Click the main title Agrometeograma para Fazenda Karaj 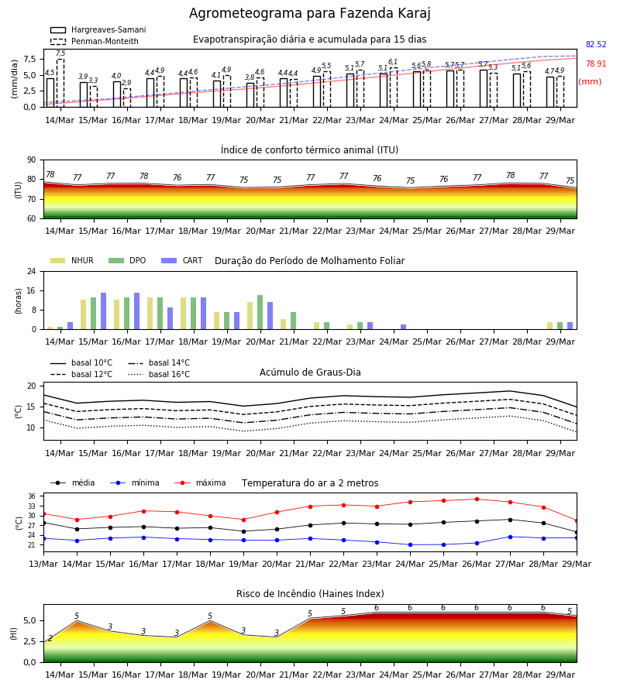(309, 13)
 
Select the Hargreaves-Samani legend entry (98, 29)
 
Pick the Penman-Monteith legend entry (95, 41)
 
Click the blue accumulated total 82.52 (596, 44)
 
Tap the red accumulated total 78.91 (596, 64)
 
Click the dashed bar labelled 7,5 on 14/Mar (60, 83)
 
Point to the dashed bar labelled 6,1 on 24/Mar (394, 88)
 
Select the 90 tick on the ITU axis (32, 160)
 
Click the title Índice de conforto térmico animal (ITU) (309, 149)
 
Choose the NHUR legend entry (72, 260)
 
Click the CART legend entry (182, 260)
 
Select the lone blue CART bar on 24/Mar (404, 327)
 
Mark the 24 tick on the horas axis (32, 271)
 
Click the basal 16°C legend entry (159, 374)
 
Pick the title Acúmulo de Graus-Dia (310, 372)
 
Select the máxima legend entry (200, 482)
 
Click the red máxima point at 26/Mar (477, 500)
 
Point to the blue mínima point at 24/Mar (410, 544)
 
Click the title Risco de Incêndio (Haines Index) (310, 594)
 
